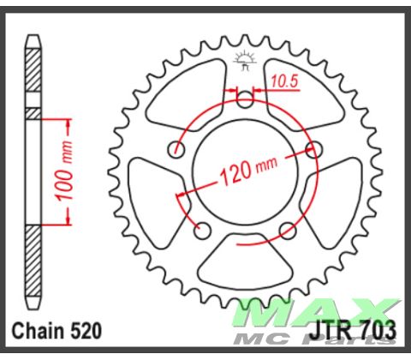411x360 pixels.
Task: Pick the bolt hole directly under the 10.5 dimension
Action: coord(245,100)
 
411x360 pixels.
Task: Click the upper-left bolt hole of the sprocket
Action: coord(177,149)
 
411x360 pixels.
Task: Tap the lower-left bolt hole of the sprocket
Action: coord(203,230)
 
